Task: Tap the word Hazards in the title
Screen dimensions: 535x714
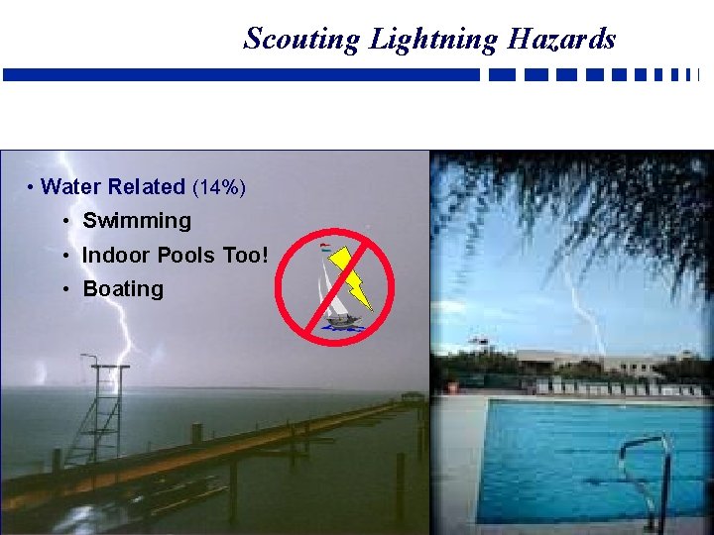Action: click(561, 39)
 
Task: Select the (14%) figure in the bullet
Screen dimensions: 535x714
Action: click(219, 187)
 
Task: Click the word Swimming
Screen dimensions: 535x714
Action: click(137, 221)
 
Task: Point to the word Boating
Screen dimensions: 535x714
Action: click(123, 289)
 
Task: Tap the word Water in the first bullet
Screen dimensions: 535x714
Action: click(71, 186)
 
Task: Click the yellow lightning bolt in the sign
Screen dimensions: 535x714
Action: click(353, 276)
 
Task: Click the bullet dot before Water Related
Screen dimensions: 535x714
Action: click(32, 187)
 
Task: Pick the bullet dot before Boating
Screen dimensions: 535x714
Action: click(64, 289)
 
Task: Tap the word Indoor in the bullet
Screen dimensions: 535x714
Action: click(113, 255)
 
